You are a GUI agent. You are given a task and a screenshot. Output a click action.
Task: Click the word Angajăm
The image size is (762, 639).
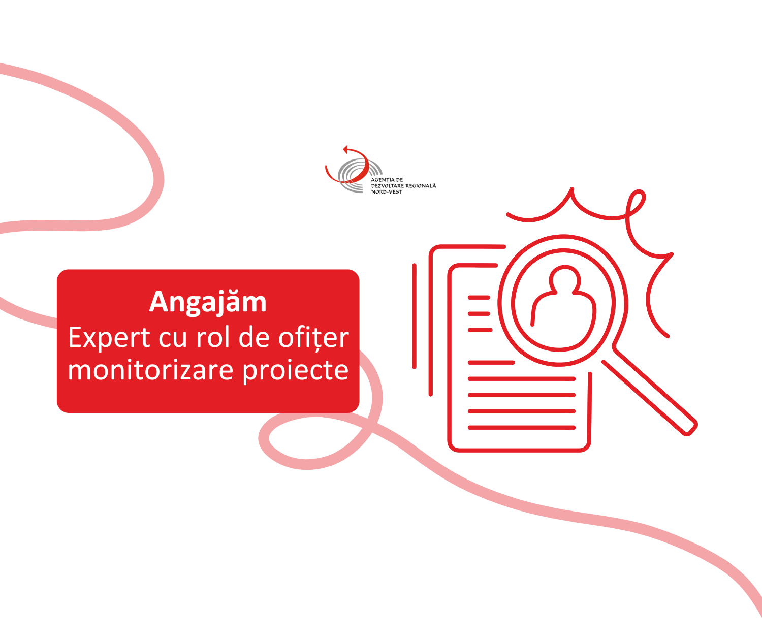coord(208,303)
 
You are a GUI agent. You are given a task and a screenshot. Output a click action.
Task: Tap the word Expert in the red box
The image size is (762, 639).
coord(109,338)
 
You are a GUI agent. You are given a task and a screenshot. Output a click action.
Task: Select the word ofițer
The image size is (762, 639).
coord(313,338)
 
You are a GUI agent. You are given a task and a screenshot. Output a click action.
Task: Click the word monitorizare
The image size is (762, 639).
coord(150,370)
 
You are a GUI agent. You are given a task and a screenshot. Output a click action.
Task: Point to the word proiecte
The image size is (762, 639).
coord(296,371)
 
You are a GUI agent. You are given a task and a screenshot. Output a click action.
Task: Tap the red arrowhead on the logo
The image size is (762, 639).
coord(345,149)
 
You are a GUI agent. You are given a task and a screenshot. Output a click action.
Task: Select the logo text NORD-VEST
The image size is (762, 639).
coord(387,192)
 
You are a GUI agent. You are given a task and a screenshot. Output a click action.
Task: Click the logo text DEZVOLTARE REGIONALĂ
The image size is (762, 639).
coord(403,186)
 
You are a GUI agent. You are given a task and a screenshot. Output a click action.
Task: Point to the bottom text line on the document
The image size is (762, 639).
coord(522,428)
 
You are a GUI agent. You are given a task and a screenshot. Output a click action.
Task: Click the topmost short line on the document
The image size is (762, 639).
coord(479,298)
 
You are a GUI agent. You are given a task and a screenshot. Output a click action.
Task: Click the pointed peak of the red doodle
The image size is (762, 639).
coord(572,189)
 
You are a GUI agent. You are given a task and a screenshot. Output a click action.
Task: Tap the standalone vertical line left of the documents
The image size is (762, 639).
coord(414,316)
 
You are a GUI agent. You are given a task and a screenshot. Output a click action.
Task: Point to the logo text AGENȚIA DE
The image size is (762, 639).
coord(387,180)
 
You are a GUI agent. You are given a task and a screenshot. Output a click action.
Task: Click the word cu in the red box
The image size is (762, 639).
coord(173,339)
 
